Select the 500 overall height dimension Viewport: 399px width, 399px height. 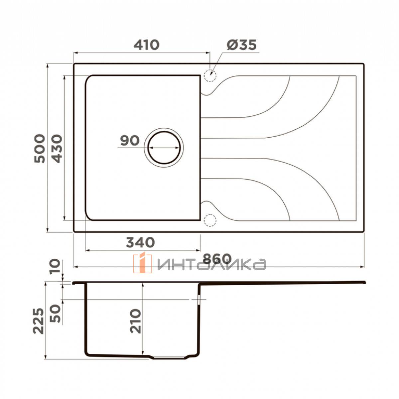pos(40,149)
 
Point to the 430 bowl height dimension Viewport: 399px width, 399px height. pos(57,149)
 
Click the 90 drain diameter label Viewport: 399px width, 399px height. pos(130,140)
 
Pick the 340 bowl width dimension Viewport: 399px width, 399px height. pos(140,242)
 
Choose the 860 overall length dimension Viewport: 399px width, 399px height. pos(217,258)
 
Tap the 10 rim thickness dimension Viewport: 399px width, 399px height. pos(55,267)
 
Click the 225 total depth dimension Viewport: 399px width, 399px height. pos(39,321)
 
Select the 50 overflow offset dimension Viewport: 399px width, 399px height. pos(56,314)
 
